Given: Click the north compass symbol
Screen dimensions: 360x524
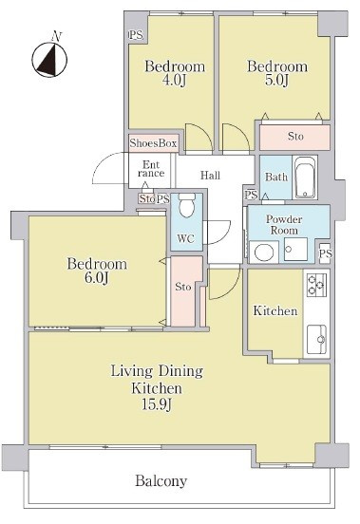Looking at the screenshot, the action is tap(49, 59).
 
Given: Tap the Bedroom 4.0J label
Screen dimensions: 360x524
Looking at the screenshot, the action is tap(175, 73).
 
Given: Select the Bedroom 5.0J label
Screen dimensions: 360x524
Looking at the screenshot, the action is tap(277, 73).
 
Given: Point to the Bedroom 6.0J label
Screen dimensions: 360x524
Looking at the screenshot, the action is tap(97, 271).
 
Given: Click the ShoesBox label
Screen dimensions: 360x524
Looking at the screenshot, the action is tap(154, 143).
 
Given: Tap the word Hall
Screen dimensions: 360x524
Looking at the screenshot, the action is tap(210, 175).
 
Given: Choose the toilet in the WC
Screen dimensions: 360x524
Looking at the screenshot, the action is tap(186, 205).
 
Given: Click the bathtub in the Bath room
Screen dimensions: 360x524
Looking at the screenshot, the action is tap(305, 178).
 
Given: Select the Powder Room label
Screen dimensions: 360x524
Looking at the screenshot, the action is tap(284, 225).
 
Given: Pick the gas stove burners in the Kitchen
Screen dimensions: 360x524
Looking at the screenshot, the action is tap(316, 285).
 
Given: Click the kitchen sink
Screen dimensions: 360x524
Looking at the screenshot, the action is tap(316, 339).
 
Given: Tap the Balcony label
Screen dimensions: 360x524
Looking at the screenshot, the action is tap(161, 481).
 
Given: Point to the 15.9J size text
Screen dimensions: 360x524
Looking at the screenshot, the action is tap(157, 404).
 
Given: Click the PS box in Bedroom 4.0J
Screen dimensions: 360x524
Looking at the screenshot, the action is tap(136, 35).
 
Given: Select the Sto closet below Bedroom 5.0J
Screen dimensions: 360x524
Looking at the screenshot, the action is tap(295, 137).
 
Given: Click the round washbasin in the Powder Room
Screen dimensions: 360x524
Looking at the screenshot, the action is tap(264, 253).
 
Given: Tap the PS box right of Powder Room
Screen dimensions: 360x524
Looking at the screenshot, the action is tap(325, 253).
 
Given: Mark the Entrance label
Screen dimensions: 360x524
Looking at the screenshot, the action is tap(151, 169).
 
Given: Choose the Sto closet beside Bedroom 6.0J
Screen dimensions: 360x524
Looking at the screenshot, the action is tap(183, 290).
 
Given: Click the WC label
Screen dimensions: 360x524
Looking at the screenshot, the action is tap(185, 238).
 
